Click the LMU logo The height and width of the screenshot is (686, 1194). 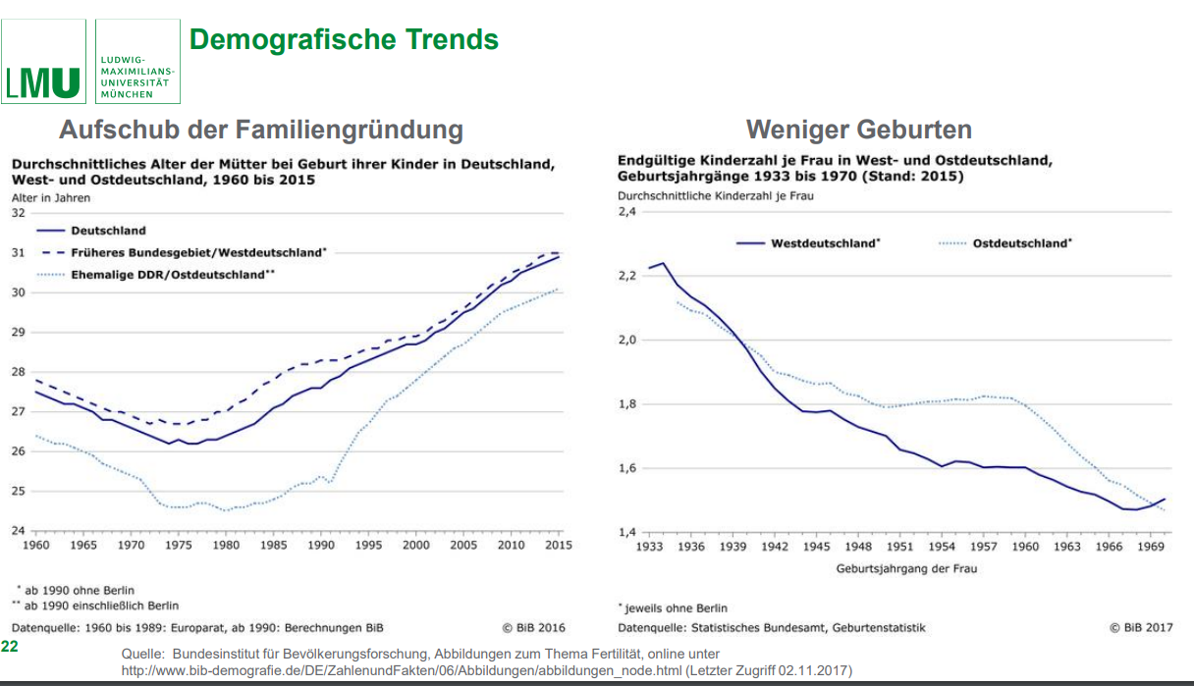point(44,82)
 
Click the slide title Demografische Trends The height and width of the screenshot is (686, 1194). point(344,40)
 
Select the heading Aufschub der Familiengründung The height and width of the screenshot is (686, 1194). point(260,130)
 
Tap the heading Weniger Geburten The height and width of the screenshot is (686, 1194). point(858,130)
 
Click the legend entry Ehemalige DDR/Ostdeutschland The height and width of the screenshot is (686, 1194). point(172,275)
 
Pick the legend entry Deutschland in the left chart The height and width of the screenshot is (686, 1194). point(108,231)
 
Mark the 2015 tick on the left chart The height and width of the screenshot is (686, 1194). point(559,545)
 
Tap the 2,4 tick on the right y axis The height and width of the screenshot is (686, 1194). point(627,211)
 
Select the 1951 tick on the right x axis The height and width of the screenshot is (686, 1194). point(900,547)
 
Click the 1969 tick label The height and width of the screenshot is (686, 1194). point(1152,547)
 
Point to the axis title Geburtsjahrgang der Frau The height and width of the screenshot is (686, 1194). point(906,568)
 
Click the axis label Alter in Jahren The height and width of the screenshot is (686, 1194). point(51,198)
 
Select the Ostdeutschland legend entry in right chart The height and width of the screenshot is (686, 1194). point(1022,243)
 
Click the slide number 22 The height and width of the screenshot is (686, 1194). point(9,647)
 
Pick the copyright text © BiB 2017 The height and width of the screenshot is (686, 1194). point(1141,628)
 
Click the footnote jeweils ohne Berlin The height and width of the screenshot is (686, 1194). point(676,608)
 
